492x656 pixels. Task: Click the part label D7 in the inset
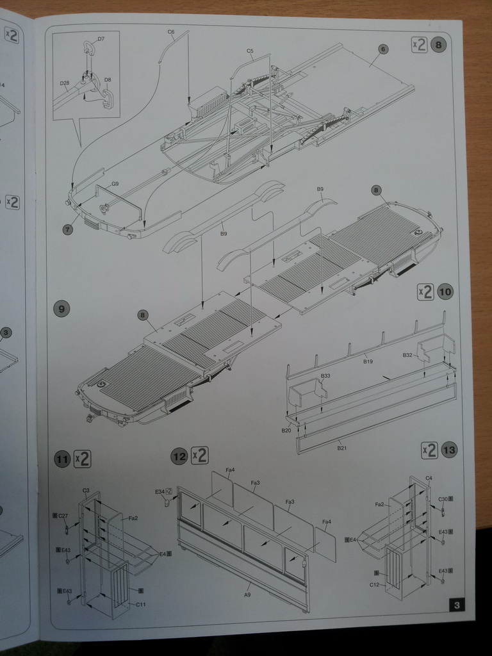(x=101, y=39)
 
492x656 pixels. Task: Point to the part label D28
(x=64, y=83)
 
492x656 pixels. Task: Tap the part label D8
(x=107, y=80)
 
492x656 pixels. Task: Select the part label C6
(x=171, y=31)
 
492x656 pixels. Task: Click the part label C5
(x=250, y=51)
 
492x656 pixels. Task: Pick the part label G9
(x=115, y=184)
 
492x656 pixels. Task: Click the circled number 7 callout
(x=68, y=229)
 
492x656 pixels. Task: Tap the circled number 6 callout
(x=382, y=49)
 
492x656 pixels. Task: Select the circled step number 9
(x=61, y=309)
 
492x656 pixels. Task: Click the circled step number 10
(x=445, y=292)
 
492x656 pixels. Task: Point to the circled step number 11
(x=62, y=459)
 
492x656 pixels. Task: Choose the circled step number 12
(x=179, y=456)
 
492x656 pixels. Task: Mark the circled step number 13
(x=449, y=450)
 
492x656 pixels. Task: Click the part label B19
(x=368, y=361)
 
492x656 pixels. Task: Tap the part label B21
(x=341, y=448)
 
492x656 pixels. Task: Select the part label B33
(x=325, y=375)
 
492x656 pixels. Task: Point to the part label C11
(x=140, y=604)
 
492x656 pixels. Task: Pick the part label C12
(x=375, y=585)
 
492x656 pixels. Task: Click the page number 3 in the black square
(x=456, y=605)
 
